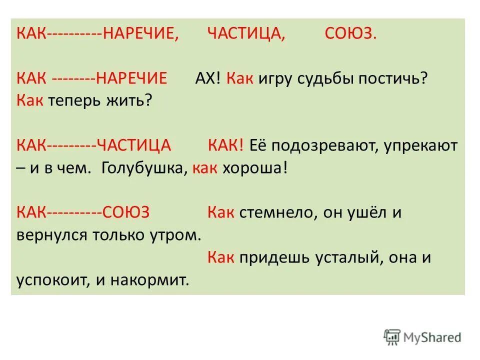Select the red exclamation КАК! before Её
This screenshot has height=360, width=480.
tap(225, 145)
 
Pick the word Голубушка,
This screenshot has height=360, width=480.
tap(144, 167)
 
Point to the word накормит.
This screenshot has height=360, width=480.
tap(155, 280)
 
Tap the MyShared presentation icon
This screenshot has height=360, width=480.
tap(393, 337)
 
